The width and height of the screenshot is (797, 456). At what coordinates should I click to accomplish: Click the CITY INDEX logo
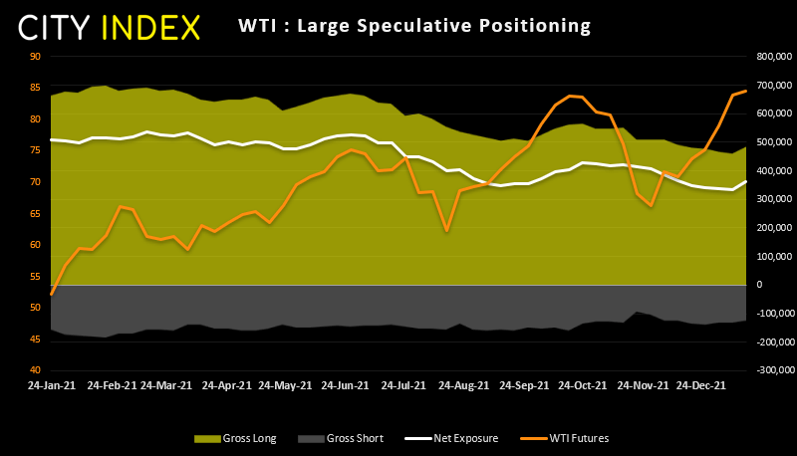click(110, 27)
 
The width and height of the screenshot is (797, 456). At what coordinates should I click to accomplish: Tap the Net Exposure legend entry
click(450, 438)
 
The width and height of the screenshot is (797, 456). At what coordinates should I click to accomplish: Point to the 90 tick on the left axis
click(35, 57)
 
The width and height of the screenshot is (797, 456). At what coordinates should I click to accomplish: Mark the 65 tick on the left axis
click(35, 214)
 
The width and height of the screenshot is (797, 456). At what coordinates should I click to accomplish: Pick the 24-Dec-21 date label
click(701, 383)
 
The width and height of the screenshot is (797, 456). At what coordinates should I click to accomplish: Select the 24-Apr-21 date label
click(227, 383)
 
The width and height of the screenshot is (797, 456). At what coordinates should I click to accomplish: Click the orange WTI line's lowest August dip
click(446, 231)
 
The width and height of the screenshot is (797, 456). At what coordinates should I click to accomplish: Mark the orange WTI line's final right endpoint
click(746, 91)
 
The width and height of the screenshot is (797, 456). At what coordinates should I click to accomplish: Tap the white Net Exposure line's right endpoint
click(746, 181)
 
